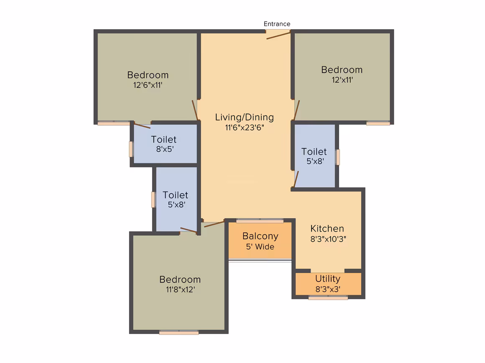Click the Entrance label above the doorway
tap(277, 24)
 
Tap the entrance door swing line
tap(278, 35)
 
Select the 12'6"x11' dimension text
tap(148, 85)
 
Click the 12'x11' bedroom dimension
tap(342, 80)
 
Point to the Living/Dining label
tap(244, 117)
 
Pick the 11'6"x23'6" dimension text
tap(244, 128)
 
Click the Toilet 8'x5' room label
tap(164, 139)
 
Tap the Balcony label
tap(260, 236)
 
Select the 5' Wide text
tap(260, 247)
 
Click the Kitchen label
tap(327, 229)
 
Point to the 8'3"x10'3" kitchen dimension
tap(328, 239)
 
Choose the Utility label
tap(328, 279)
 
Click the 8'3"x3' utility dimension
tap(328, 289)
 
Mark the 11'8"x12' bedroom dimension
tap(180, 290)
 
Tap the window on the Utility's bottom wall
tap(328, 297)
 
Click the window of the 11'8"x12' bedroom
tap(179, 333)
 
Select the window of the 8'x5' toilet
tap(131, 149)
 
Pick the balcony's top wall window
tap(260, 221)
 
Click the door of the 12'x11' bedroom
tap(296, 110)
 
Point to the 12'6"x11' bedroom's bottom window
tap(114, 123)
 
